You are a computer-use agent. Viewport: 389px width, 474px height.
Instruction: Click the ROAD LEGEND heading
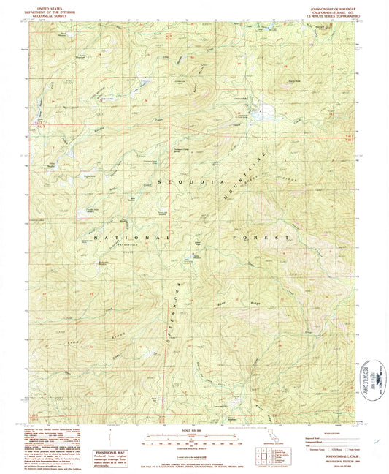[x=322, y=432]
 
